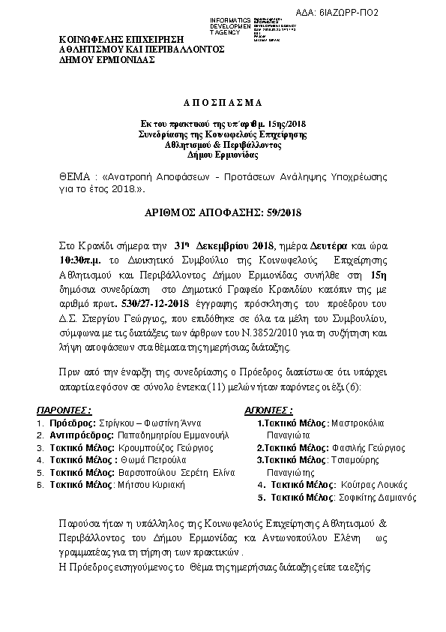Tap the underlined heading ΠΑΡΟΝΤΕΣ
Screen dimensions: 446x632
tap(65, 411)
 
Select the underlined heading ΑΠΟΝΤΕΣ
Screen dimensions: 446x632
tap(268, 411)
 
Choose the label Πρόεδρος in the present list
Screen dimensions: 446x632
tap(69, 423)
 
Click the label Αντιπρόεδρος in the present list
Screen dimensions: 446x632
tap(82, 435)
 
